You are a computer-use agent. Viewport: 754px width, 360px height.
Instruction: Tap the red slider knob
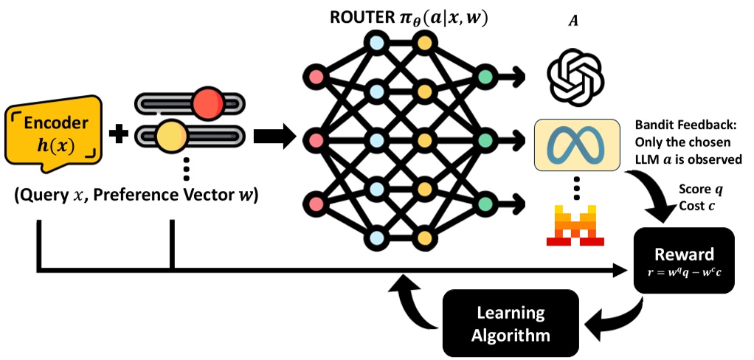pos(209,104)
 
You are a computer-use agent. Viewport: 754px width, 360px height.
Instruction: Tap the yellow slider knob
pos(171,137)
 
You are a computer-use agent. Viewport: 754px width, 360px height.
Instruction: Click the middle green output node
pos(485,139)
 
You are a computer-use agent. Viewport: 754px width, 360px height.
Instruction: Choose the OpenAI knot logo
pos(575,75)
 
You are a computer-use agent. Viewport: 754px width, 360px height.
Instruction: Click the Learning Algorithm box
pos(510,324)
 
